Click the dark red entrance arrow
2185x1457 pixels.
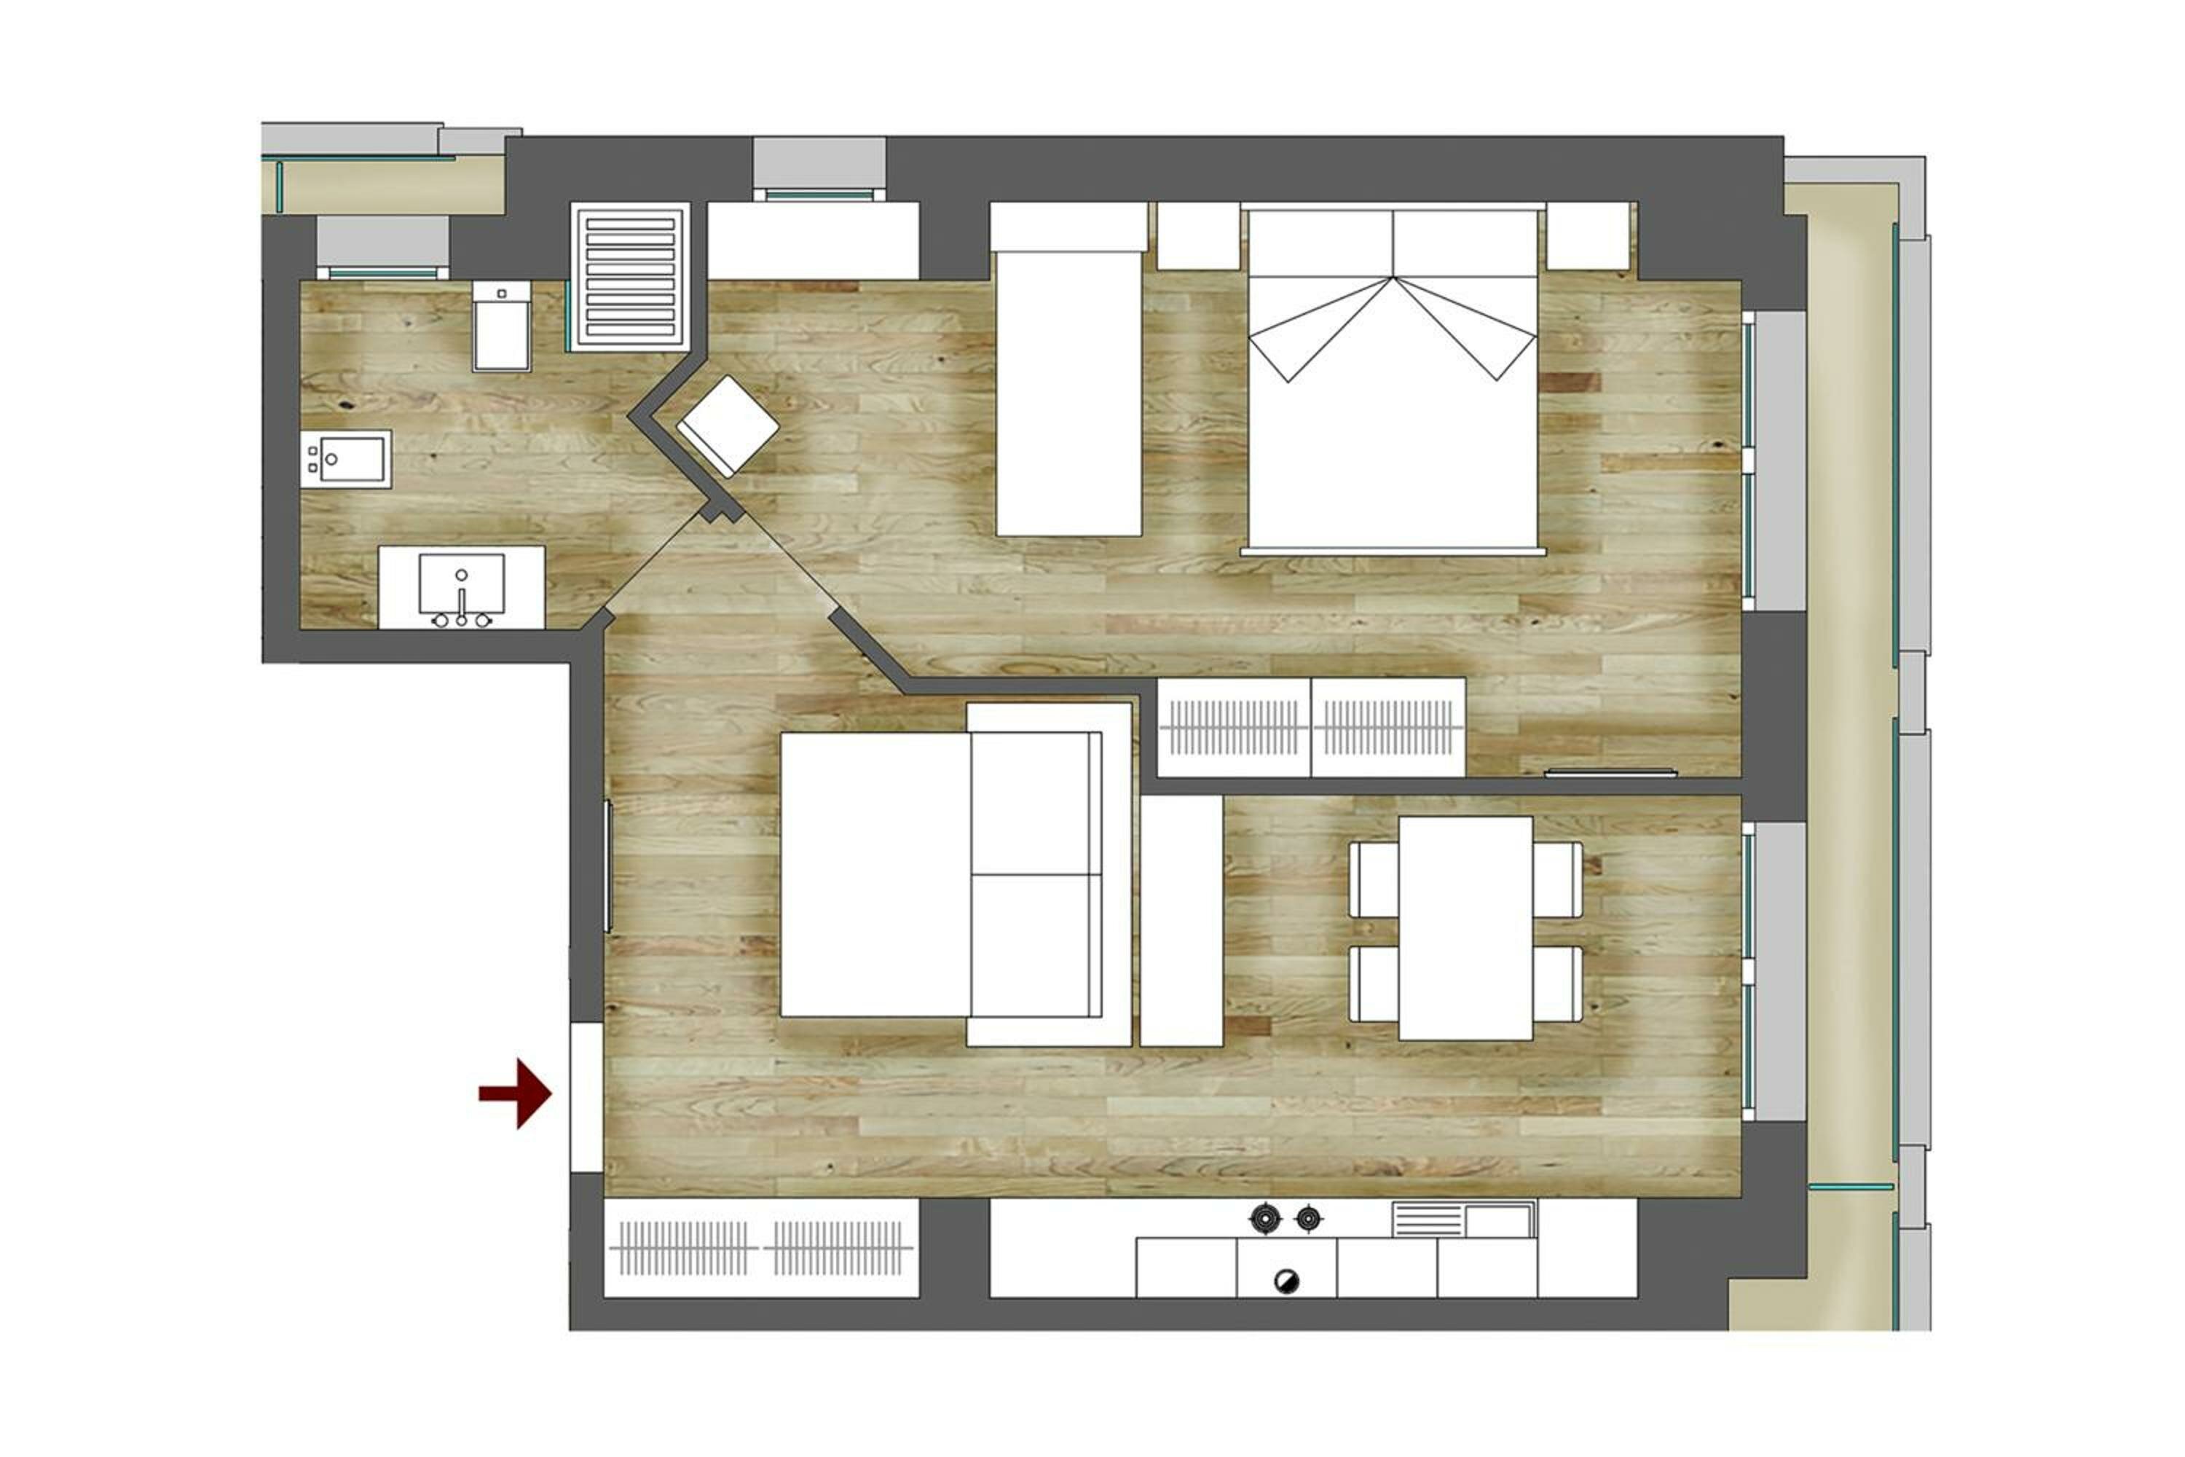point(516,1093)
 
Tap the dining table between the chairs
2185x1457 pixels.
point(1465,927)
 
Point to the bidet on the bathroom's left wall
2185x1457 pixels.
point(345,459)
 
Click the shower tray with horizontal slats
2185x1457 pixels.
point(630,277)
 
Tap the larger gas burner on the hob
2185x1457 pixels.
point(1265,1217)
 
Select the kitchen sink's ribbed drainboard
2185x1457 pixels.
point(1427,1219)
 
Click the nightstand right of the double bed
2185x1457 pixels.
point(1588,236)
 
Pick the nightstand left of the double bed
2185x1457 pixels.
point(1197,236)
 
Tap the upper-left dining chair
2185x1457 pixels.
point(1373,879)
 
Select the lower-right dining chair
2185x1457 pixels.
point(1558,984)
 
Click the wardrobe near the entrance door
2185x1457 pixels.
point(761,1248)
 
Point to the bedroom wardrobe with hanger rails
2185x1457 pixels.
point(1311,728)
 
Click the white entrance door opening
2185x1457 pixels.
point(586,1096)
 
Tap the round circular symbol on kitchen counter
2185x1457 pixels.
point(1287,1281)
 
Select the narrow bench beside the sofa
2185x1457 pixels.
point(1181,920)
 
